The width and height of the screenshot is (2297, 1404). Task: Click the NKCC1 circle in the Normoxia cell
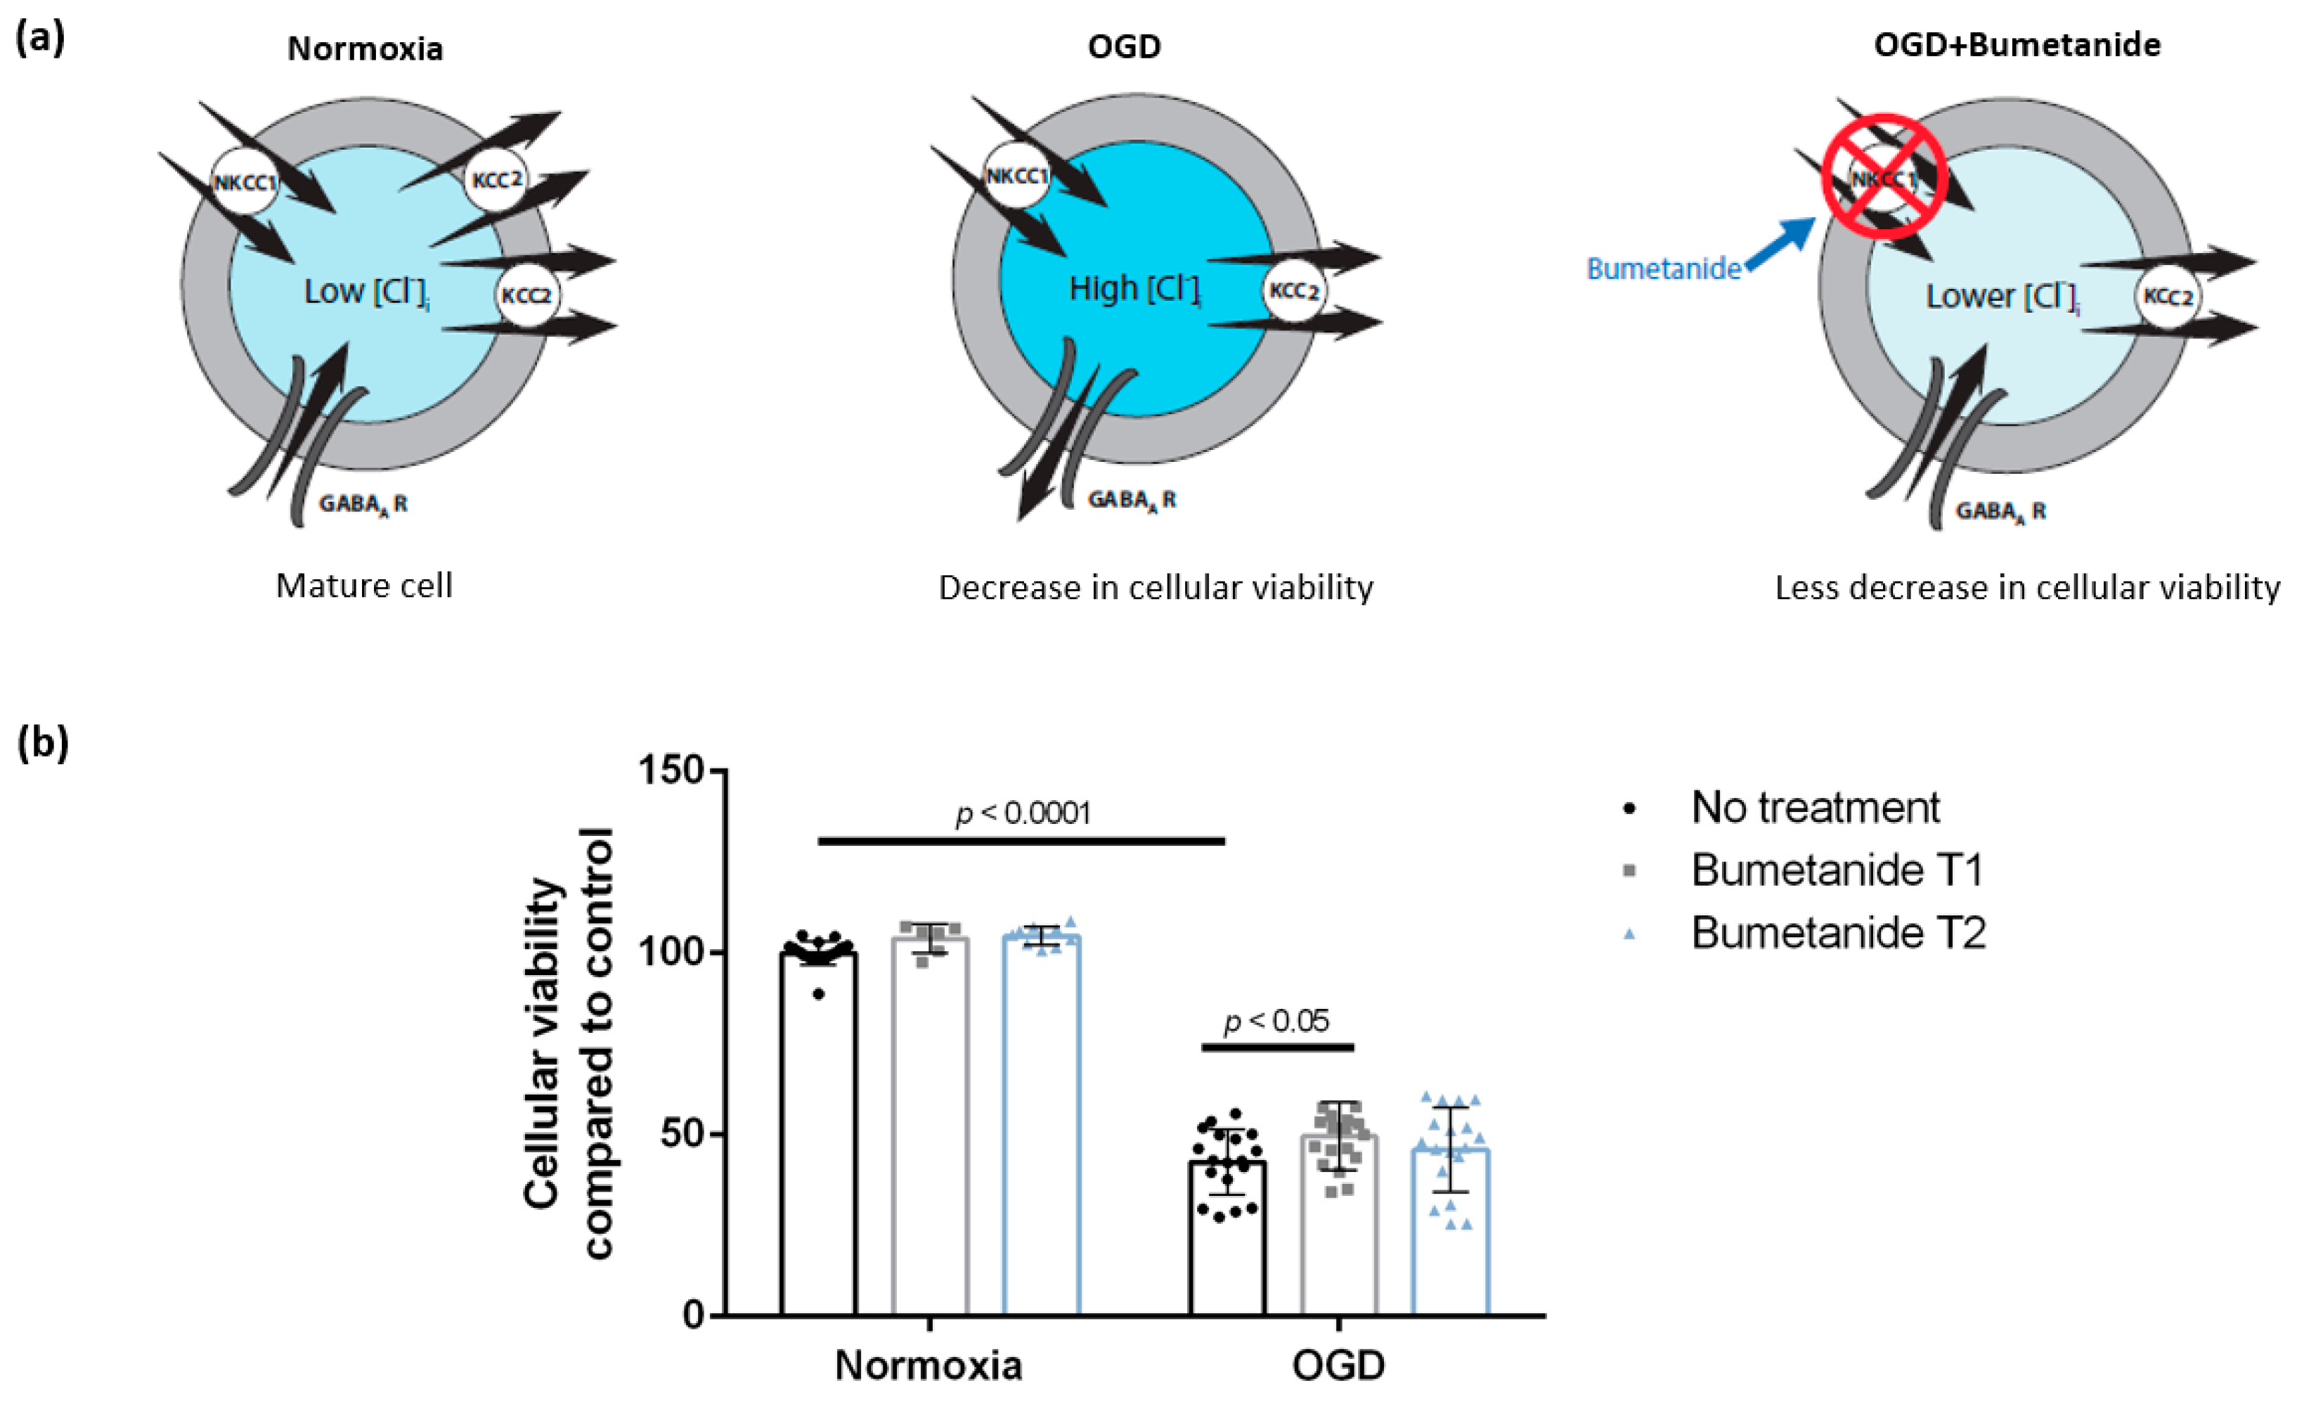[244, 181]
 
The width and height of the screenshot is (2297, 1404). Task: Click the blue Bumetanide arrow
[1782, 243]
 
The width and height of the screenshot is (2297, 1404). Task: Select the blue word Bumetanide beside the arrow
[1663, 269]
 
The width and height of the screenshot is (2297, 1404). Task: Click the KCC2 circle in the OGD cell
[1294, 291]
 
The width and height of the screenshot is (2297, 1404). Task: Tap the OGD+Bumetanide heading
[2017, 45]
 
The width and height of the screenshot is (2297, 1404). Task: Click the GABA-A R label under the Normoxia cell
[363, 504]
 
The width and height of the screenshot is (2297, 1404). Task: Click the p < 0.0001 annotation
[1023, 813]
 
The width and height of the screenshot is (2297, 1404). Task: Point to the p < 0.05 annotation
[1276, 1021]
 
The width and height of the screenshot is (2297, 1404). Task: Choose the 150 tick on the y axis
[671, 770]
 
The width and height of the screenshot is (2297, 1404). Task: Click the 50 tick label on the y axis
[682, 1133]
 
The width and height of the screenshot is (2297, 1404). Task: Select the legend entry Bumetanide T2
[1837, 932]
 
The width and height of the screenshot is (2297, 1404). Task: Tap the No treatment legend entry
[1814, 807]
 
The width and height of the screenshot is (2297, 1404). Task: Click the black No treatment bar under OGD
[1227, 1240]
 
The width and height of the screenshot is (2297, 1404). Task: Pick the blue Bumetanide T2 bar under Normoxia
[1041, 1128]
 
